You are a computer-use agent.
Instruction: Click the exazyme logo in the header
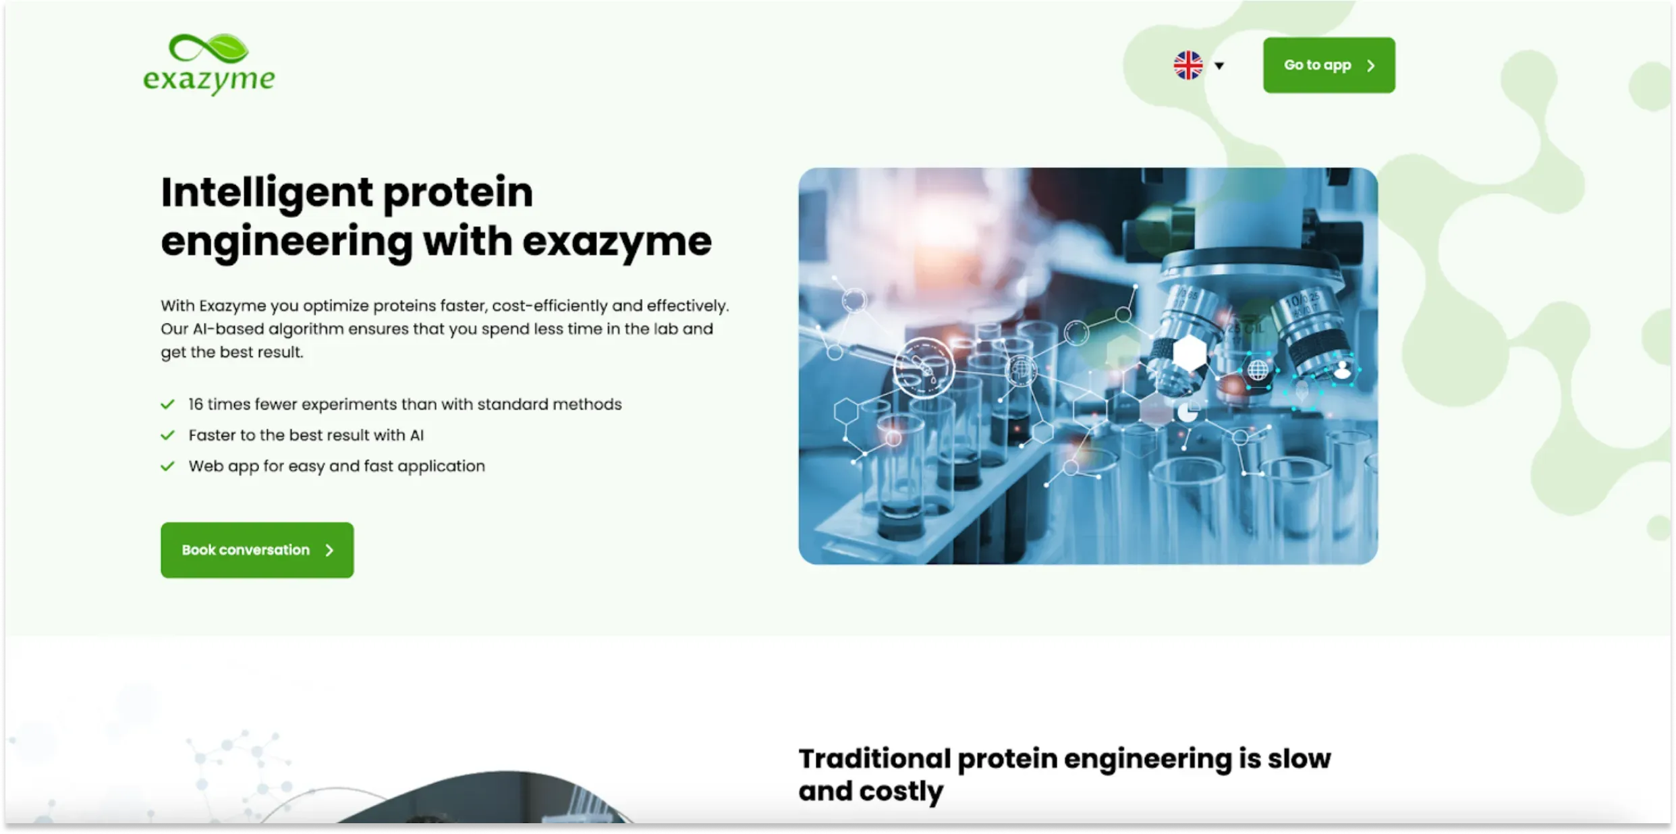[209, 64]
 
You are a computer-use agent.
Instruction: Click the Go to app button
[1329, 65]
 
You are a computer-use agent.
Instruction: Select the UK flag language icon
[1188, 65]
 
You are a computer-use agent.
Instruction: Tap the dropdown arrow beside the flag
[1219, 66]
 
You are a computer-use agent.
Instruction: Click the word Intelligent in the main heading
[267, 192]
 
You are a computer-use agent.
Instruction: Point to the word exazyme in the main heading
[617, 242]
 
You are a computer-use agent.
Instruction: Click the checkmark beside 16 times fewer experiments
[168, 404]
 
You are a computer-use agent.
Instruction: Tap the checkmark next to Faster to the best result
[168, 435]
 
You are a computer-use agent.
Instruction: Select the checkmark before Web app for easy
[168, 466]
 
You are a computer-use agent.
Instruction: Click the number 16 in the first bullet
[196, 404]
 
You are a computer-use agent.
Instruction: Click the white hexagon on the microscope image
[1190, 352]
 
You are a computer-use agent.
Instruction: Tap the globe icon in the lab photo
[1258, 370]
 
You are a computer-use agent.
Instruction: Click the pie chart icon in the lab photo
[1188, 411]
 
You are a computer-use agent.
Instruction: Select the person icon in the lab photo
[1343, 368]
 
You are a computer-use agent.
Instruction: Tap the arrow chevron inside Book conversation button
[329, 551]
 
